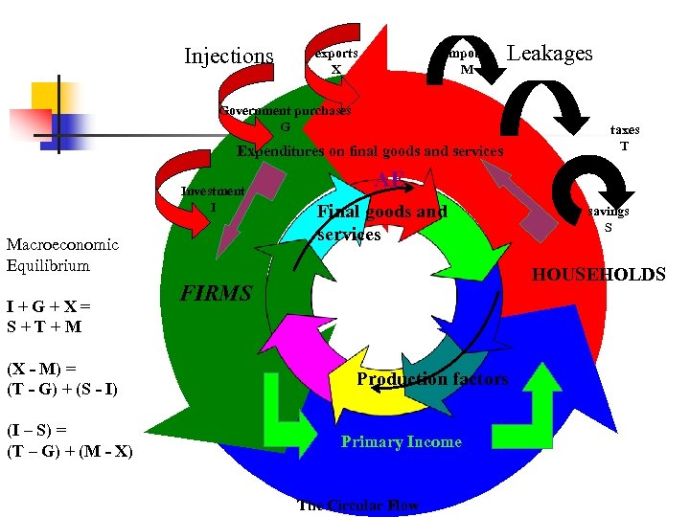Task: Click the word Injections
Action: pyautogui.click(x=228, y=56)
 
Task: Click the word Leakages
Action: pyautogui.click(x=549, y=54)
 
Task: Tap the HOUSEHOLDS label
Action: pyautogui.click(x=598, y=276)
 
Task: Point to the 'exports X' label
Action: pyautogui.click(x=336, y=61)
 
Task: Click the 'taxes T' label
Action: pyautogui.click(x=624, y=138)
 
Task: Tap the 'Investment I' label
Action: pyautogui.click(x=213, y=199)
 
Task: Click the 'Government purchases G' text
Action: pyautogui.click(x=286, y=119)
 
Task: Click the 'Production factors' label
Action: pyautogui.click(x=432, y=379)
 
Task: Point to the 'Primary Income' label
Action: pyautogui.click(x=401, y=442)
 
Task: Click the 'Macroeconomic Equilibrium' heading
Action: pyautogui.click(x=61, y=255)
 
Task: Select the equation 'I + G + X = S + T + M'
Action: pyautogui.click(x=49, y=316)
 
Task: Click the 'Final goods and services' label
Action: pyautogui.click(x=381, y=223)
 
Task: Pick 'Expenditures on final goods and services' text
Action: pyautogui.click(x=370, y=151)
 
